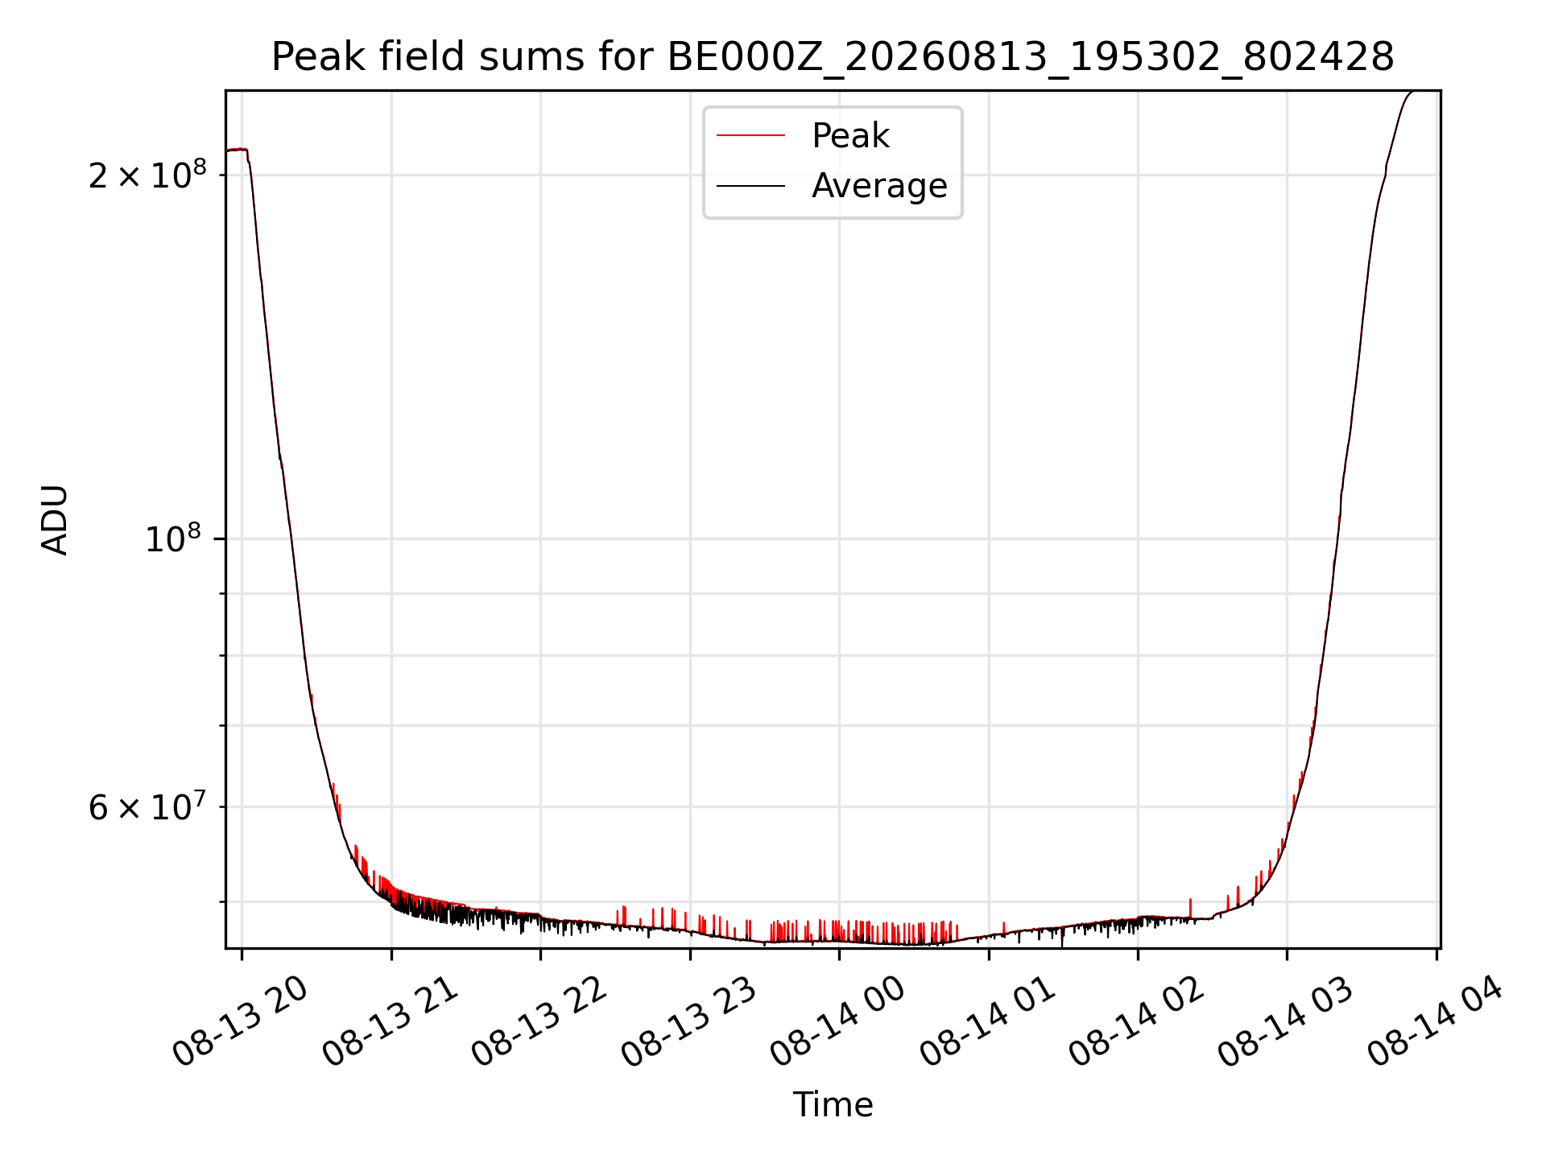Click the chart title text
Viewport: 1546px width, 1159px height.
click(x=833, y=57)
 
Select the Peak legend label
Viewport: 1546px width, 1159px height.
click(x=850, y=136)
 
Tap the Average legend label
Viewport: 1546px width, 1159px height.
click(x=879, y=186)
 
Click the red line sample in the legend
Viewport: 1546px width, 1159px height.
click(x=750, y=135)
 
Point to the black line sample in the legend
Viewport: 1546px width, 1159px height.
click(x=750, y=186)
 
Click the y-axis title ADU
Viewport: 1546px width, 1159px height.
click(x=55, y=520)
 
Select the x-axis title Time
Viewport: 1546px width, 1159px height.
click(x=833, y=1105)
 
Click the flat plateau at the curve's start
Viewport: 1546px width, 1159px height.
click(x=237, y=150)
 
